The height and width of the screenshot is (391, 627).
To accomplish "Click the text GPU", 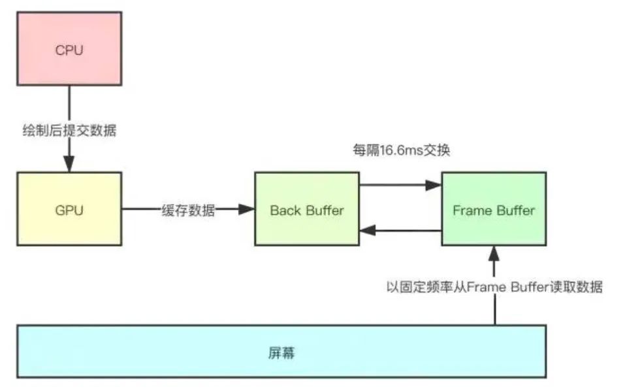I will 69,210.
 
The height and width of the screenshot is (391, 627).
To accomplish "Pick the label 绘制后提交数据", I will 69,130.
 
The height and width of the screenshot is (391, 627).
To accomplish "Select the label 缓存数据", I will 188,210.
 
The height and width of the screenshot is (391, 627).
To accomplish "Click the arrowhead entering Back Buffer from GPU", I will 247,210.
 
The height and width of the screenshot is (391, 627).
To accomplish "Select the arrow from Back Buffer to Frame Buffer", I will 400,186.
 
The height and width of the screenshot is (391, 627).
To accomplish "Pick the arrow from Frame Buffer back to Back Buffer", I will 400,229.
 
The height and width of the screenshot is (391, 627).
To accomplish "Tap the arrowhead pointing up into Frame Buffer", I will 494,252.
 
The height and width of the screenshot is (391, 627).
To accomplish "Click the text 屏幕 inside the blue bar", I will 281,353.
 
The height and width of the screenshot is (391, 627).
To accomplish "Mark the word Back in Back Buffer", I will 285,210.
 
